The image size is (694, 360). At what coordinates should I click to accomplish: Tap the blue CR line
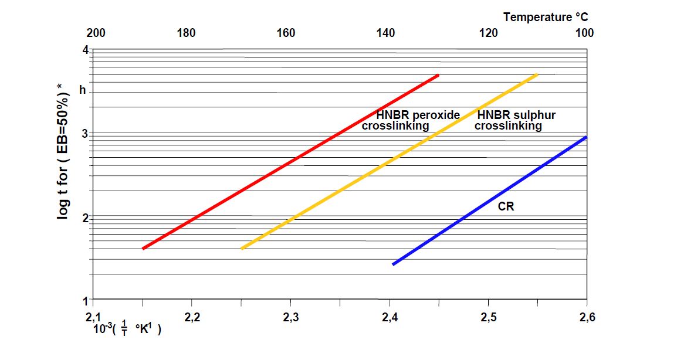(490, 201)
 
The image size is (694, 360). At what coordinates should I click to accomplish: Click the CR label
(506, 207)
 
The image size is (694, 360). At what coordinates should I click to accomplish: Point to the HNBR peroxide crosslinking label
(411, 120)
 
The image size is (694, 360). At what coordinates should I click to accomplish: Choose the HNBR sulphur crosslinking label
(514, 120)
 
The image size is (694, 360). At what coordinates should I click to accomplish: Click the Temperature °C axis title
(545, 18)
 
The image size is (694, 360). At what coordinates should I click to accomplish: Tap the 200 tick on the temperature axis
(96, 33)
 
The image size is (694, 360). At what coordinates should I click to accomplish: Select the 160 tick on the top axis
(286, 33)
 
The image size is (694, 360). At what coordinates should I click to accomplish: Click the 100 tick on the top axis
(584, 33)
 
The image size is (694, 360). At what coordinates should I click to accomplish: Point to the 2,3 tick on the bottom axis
(290, 318)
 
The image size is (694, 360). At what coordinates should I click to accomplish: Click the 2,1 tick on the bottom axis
(94, 318)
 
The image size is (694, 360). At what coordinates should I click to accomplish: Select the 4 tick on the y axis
(85, 50)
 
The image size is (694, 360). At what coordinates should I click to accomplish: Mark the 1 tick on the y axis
(85, 301)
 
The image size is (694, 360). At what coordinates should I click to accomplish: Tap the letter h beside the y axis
(83, 91)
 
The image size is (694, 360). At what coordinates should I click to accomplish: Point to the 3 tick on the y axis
(85, 134)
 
